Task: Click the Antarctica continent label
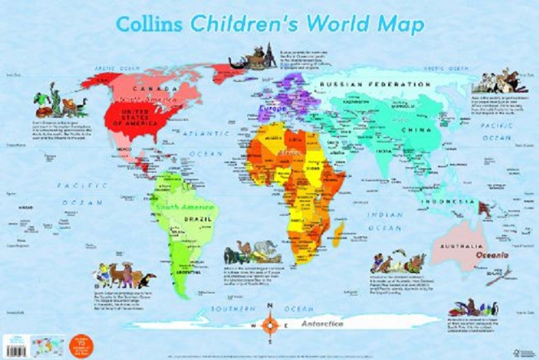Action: pos(322,324)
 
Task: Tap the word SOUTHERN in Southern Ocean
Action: pos(229,309)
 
